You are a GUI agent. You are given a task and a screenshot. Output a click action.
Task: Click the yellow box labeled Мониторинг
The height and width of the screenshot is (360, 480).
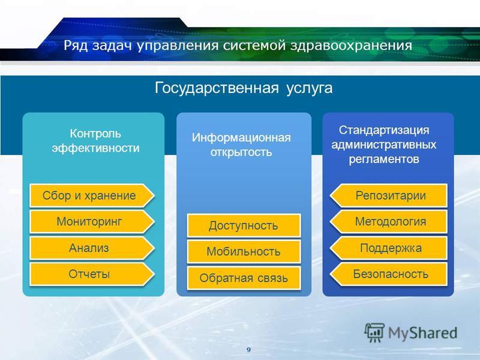(x=92, y=221)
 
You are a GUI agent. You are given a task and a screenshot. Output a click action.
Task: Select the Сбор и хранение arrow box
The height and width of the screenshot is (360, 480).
(x=92, y=196)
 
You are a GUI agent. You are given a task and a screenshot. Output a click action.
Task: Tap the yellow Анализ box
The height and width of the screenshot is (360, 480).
(x=92, y=248)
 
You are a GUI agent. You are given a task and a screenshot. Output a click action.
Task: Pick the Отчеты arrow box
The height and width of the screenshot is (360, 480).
(x=92, y=274)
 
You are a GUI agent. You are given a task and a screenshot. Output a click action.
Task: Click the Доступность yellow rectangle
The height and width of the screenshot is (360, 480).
(x=244, y=226)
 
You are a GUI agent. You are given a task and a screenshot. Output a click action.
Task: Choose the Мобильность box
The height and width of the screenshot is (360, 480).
(x=244, y=251)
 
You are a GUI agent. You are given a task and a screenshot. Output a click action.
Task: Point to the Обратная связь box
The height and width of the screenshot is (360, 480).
(x=244, y=278)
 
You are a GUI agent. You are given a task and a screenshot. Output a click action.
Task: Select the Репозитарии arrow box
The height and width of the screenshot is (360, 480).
(x=389, y=196)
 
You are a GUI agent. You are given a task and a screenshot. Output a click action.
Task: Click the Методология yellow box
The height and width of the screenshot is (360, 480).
(x=389, y=221)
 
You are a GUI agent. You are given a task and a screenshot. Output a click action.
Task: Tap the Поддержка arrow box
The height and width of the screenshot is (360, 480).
(x=389, y=248)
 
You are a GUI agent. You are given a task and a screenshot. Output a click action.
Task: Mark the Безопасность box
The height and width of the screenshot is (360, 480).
(x=389, y=274)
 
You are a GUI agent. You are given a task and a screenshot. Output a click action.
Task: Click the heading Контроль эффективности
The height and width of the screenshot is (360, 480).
(x=95, y=141)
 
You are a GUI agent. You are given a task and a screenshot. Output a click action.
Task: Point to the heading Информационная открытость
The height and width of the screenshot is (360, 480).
(x=241, y=145)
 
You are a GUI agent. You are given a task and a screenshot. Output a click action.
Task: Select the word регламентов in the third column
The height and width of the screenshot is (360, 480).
(x=384, y=159)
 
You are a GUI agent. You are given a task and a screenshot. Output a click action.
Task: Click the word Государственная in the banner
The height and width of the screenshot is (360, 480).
(x=217, y=88)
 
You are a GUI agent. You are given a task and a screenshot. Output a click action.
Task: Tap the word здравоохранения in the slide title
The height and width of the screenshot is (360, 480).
(x=351, y=46)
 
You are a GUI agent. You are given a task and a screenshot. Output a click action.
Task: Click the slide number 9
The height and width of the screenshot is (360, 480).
(x=248, y=350)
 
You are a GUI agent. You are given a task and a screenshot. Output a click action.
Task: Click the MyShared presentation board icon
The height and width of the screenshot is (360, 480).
(x=374, y=332)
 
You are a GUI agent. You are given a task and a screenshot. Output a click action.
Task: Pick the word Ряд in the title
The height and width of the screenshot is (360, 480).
(x=76, y=46)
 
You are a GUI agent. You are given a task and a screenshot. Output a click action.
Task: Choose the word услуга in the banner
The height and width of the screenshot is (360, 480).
(x=310, y=88)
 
